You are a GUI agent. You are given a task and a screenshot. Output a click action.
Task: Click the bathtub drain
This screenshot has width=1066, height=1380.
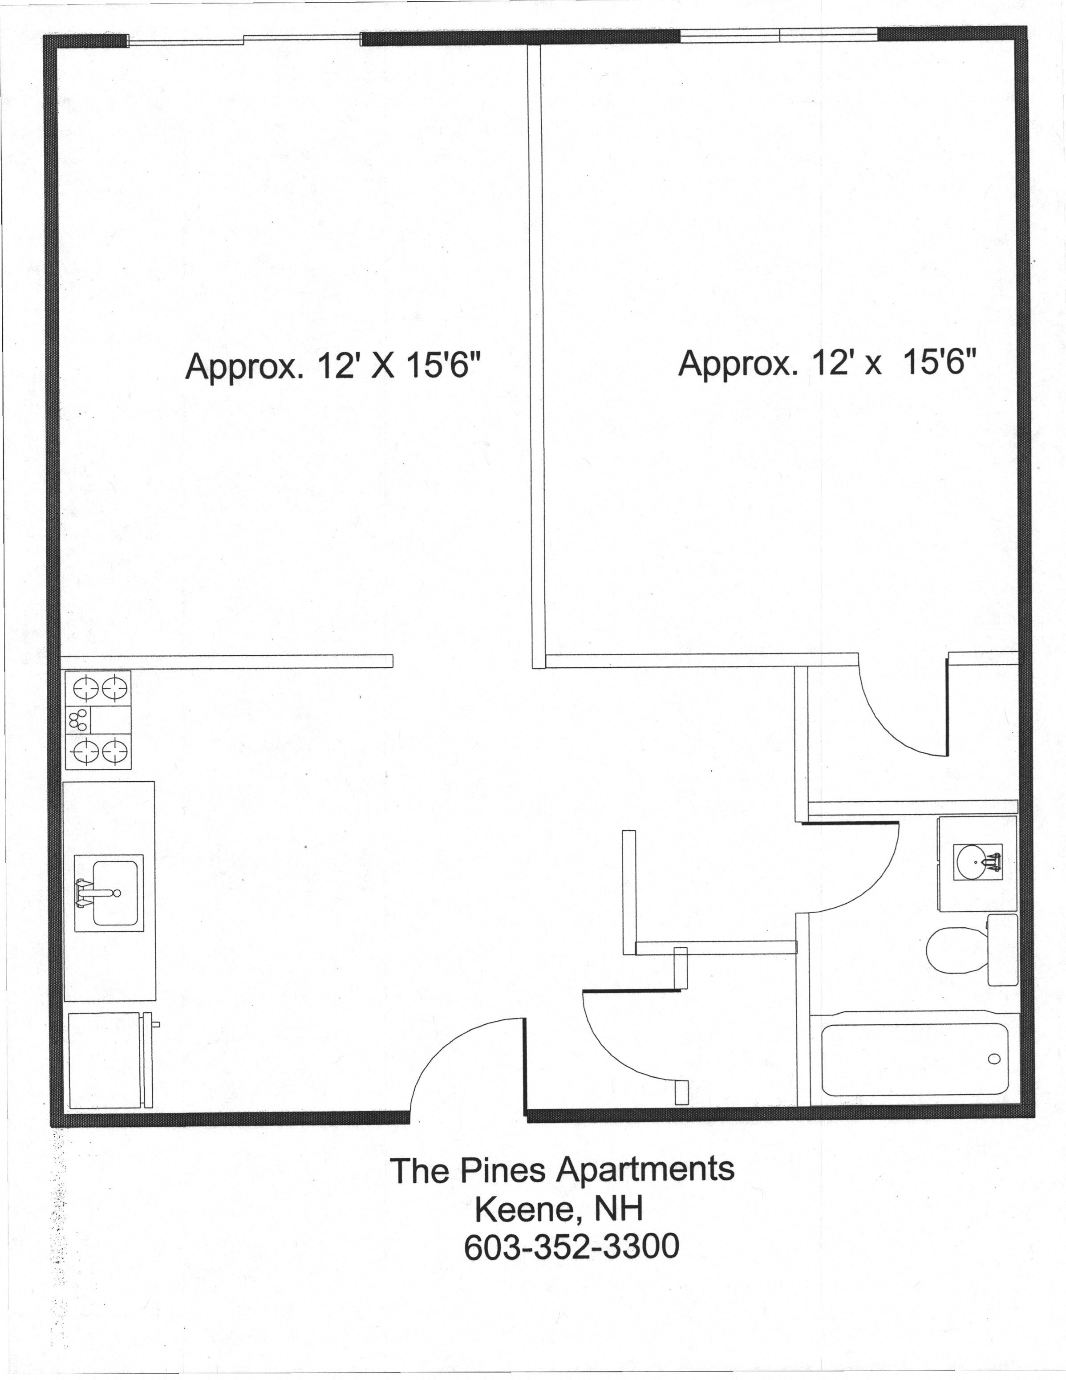point(994,1059)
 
